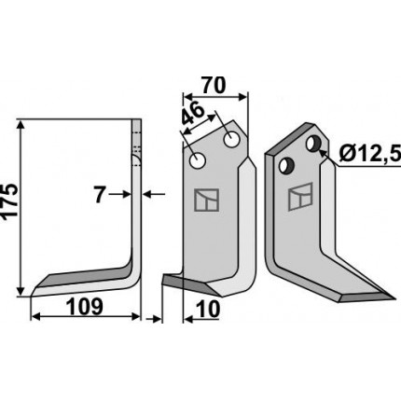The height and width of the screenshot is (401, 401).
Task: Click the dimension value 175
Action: [x=9, y=202]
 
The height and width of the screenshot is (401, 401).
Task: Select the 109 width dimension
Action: [x=85, y=306]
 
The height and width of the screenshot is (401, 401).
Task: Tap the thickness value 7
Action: [x=99, y=195]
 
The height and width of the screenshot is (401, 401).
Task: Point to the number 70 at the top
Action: [x=213, y=86]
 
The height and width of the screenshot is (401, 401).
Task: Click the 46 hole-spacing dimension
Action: [x=193, y=114]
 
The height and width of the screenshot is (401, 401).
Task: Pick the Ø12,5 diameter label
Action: [x=369, y=154]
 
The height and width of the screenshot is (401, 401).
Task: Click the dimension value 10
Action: [x=208, y=310]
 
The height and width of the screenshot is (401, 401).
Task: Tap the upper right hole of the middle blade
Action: [x=231, y=140]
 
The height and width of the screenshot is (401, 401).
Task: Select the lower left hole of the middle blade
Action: [x=198, y=161]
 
